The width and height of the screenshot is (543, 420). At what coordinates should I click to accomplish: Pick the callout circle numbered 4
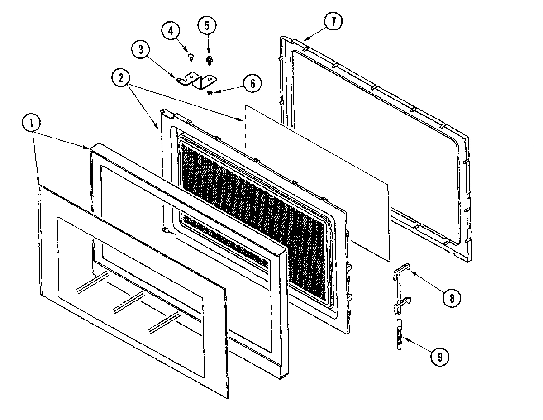[x=171, y=31]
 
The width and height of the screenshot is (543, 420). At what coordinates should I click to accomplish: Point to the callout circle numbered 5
[x=207, y=25]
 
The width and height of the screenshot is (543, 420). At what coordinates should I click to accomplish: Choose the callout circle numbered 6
[x=252, y=83]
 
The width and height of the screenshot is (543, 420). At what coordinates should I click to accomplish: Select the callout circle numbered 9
[x=439, y=356]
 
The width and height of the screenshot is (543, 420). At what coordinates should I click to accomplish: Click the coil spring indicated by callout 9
[x=399, y=334]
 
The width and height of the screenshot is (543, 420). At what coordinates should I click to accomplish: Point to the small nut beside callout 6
[x=210, y=93]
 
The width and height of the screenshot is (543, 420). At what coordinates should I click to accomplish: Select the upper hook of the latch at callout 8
[x=401, y=271]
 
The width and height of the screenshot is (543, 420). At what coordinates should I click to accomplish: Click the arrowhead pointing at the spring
[x=405, y=339]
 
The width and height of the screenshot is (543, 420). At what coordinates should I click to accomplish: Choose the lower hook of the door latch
[x=402, y=304]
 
